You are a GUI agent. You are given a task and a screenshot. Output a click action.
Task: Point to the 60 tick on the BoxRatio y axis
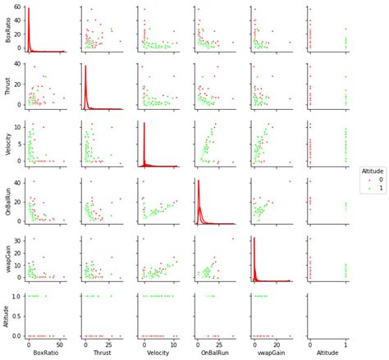pos(18,7)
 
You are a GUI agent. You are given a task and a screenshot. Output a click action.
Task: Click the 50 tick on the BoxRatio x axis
pos(62,344)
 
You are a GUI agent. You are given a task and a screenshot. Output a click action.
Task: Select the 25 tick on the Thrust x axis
pos(111,344)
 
